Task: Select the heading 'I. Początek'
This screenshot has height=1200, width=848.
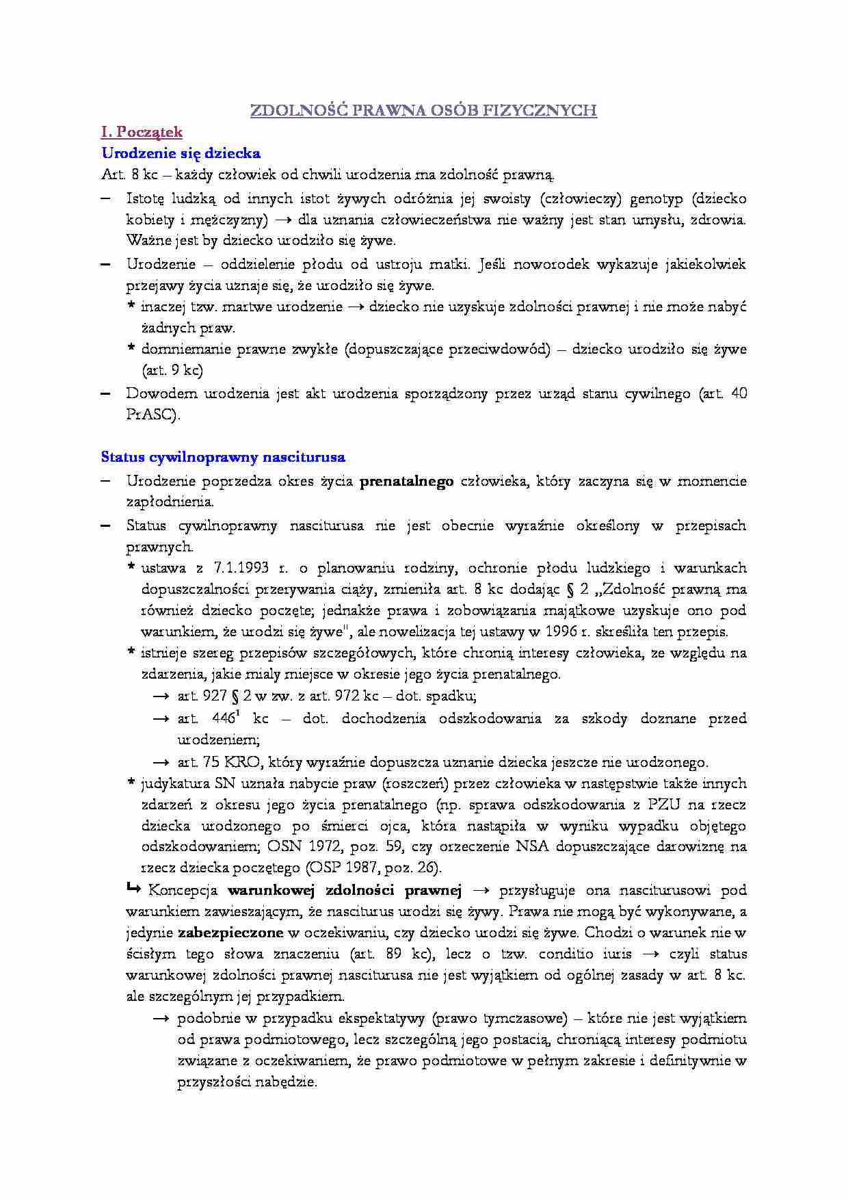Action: point(142,132)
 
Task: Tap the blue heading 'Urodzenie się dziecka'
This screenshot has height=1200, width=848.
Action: point(181,153)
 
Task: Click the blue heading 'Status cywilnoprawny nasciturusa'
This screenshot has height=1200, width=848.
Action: point(223,457)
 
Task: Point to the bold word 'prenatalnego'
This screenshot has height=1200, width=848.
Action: point(406,482)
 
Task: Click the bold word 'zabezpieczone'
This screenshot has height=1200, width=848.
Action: point(230,932)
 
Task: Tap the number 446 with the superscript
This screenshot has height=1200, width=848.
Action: point(224,718)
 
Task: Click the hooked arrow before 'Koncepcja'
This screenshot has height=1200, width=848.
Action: point(133,889)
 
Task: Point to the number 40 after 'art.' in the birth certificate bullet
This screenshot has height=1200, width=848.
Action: point(739,393)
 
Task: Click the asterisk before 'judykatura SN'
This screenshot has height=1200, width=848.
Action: point(131,783)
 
